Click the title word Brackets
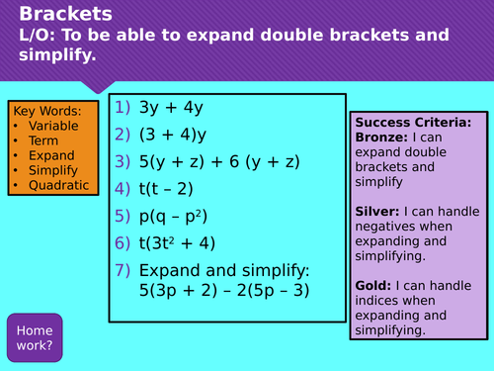(65, 14)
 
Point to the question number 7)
(123, 270)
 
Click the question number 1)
(123, 107)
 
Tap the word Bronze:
(380, 139)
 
